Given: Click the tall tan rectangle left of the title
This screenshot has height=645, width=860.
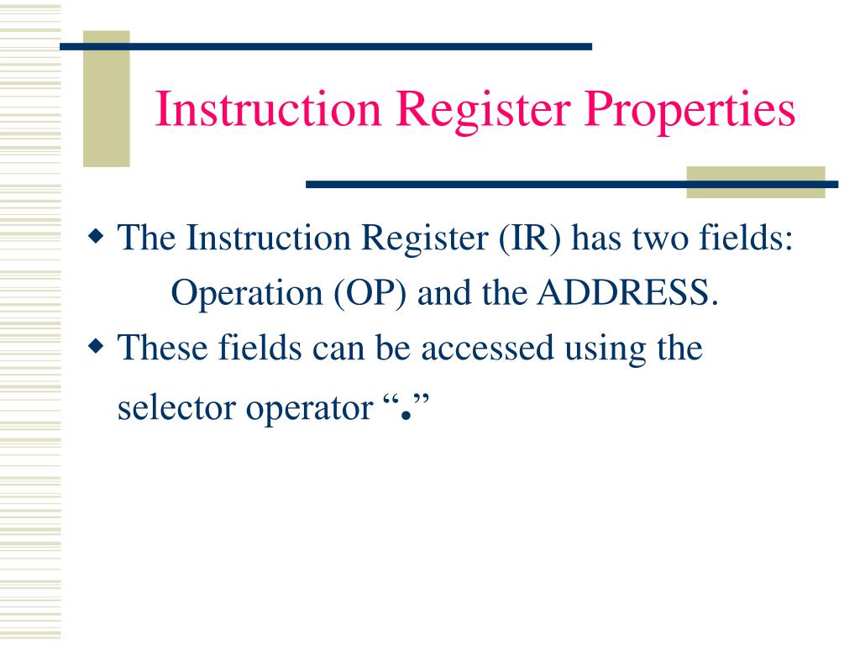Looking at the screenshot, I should [106, 99].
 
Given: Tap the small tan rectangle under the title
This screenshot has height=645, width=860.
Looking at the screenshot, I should [756, 182].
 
